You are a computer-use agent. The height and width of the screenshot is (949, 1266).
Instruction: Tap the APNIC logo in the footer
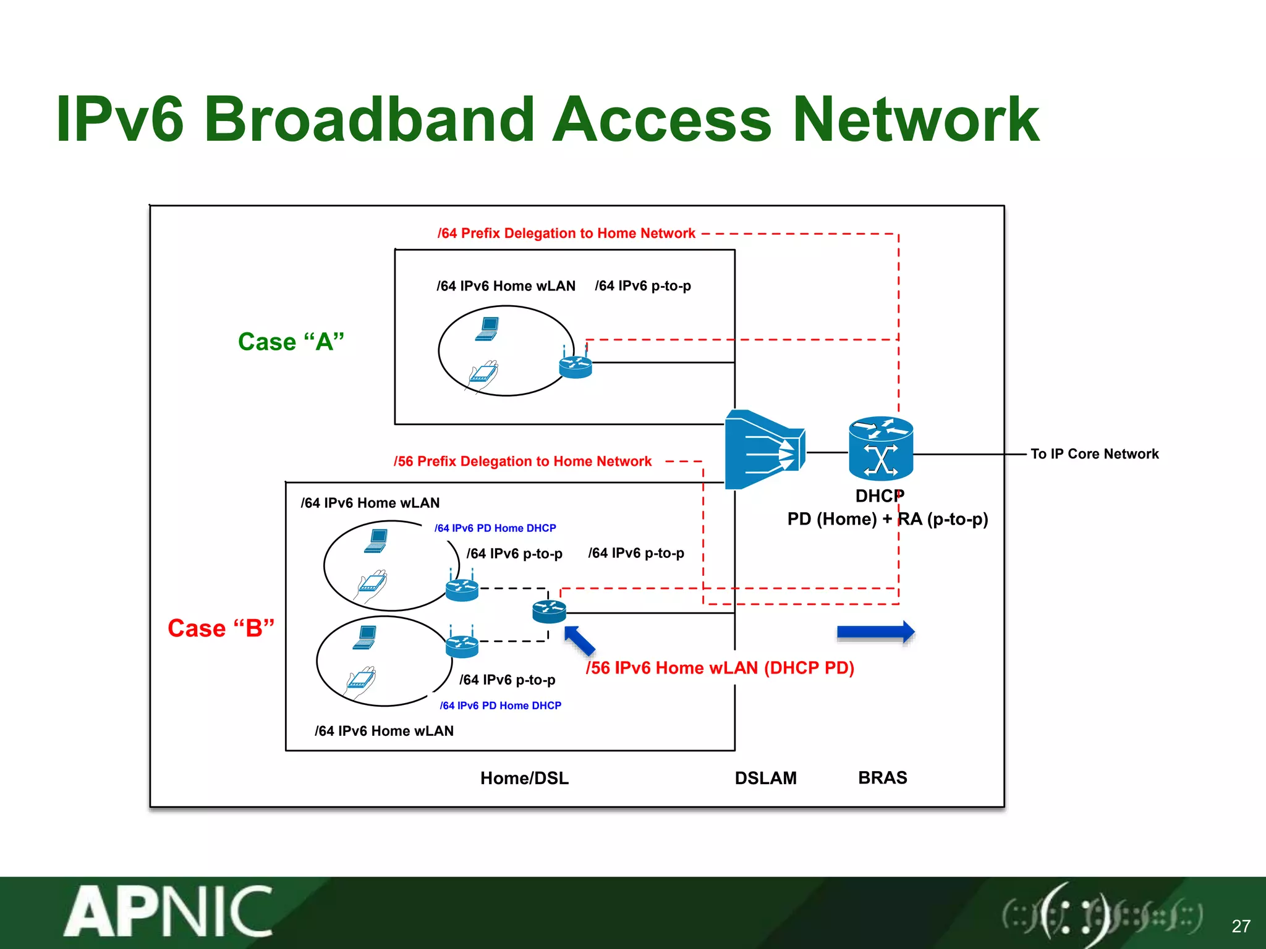tap(168, 912)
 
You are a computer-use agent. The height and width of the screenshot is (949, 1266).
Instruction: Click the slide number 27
tap(1241, 926)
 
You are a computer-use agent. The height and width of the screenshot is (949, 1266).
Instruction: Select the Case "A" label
tap(291, 342)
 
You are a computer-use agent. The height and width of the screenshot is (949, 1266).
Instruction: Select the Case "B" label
tap(221, 628)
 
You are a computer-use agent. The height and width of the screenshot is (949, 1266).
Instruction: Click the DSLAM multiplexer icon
tap(764, 450)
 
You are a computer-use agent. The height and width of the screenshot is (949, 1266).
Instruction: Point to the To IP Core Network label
tap(1094, 454)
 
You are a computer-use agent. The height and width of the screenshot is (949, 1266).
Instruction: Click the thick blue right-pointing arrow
tap(875, 632)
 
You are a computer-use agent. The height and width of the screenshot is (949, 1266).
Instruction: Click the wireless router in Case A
tap(575, 365)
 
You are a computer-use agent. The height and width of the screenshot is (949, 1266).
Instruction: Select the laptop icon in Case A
tap(488, 328)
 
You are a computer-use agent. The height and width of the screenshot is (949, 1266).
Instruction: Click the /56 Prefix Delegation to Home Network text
tap(522, 462)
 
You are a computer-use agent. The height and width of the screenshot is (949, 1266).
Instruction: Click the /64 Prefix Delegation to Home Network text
tap(566, 234)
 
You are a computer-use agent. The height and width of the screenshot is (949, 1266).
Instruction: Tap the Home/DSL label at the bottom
tap(524, 778)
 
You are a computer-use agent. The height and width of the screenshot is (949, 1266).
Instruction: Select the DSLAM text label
tap(765, 778)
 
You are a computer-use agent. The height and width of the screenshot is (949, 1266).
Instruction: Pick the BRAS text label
tap(882, 778)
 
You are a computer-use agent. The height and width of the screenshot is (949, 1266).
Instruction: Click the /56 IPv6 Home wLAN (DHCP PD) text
tap(720, 668)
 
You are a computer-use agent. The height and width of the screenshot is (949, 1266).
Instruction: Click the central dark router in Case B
tap(549, 611)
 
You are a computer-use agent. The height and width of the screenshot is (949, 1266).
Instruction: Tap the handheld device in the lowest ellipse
tap(361, 682)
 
